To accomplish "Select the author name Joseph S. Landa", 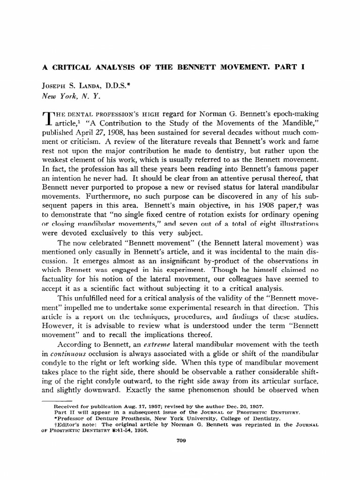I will point(70,86).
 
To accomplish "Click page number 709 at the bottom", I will point(180,440).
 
